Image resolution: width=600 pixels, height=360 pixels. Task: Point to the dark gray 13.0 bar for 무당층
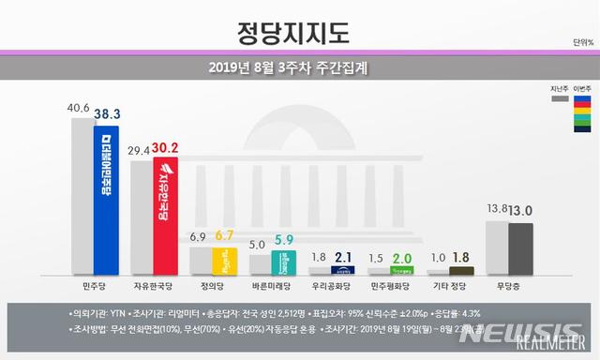click(519, 248)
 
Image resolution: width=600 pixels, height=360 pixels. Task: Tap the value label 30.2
click(166, 148)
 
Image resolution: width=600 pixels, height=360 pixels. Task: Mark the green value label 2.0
click(402, 259)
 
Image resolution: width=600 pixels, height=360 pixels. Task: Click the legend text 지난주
click(559, 86)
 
